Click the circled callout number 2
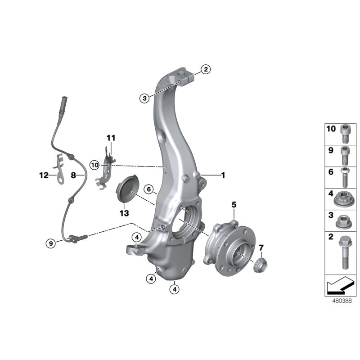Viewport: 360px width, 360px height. click(205, 69)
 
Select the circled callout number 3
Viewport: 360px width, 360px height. click(144, 98)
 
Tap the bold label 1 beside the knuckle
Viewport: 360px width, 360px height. click(222, 175)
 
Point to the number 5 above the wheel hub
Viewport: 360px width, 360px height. click(234, 205)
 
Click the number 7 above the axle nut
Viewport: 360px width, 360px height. click(261, 247)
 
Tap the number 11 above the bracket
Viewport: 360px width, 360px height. click(111, 137)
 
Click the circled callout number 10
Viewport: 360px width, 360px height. click(94, 165)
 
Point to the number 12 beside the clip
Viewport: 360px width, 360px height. click(43, 175)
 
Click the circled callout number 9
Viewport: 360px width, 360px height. click(51, 243)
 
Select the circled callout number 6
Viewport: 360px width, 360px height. click(149, 189)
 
